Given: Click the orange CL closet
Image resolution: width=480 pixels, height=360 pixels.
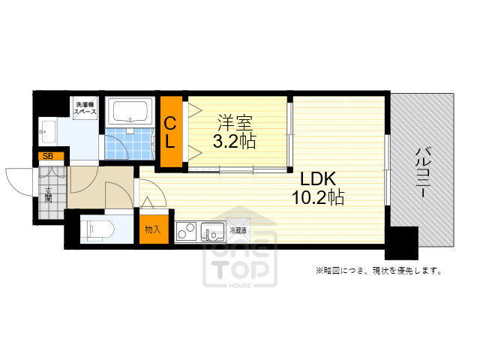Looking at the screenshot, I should click(171, 132).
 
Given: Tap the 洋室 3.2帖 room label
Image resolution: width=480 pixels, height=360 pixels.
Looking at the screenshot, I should click(235, 131).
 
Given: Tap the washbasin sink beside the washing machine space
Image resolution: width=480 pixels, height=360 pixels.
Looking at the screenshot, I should click(46, 132).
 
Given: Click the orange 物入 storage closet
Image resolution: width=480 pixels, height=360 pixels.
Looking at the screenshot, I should click(153, 229).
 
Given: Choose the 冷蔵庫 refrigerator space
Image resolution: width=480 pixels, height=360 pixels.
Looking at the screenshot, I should click(238, 231).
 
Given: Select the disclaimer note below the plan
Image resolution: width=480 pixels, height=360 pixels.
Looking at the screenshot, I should click(377, 270).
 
